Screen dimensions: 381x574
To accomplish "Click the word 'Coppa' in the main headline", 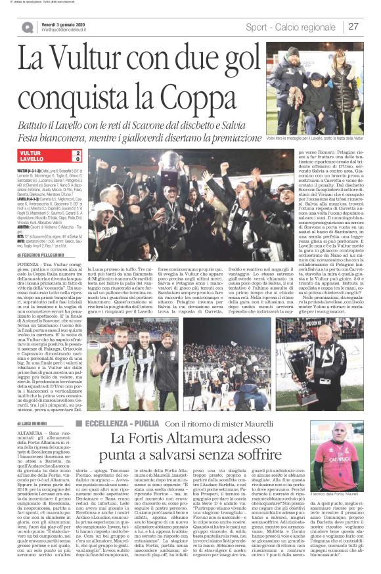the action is pos(160,85).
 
